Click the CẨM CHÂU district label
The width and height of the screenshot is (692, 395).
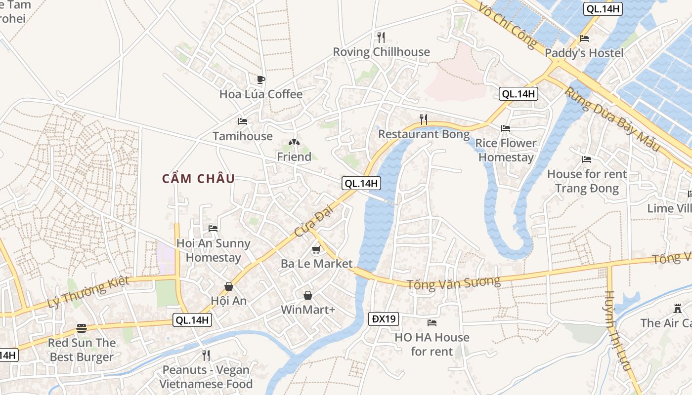point(198,179)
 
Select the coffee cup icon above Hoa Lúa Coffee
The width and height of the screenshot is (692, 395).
point(261,79)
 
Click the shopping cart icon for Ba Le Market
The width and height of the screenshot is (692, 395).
point(316,250)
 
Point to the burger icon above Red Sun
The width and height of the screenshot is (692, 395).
point(82,328)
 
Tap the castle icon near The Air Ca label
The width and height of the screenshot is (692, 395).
point(677,309)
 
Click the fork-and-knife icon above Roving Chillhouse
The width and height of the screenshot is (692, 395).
point(381,38)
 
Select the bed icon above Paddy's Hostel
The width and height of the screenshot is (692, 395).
point(584,39)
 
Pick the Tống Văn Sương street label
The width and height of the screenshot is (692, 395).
point(453,283)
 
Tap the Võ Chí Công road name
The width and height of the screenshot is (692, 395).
point(508,25)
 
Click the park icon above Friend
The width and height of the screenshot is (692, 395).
point(294,143)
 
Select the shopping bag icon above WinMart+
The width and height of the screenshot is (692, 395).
point(308,295)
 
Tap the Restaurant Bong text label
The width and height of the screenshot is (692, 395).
point(424,134)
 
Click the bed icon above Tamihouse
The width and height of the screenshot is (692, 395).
point(242,121)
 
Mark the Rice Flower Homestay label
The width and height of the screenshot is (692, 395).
point(506,150)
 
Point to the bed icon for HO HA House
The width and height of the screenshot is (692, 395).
point(432,323)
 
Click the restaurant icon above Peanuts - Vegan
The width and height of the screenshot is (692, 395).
point(206,355)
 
